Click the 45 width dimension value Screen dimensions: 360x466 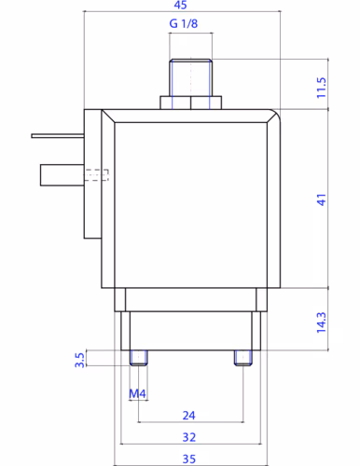click(180, 5)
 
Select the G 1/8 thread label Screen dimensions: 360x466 click(184, 23)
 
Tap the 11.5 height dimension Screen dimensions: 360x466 click(322, 88)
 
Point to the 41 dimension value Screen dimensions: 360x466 click(322, 199)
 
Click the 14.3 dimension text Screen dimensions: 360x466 click(322, 322)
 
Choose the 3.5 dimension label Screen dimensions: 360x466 click(79, 360)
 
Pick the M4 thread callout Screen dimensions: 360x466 click(137, 394)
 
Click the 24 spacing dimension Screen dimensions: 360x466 click(189, 416)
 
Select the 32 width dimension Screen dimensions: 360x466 click(189, 437)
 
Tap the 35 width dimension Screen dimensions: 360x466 click(189, 459)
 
